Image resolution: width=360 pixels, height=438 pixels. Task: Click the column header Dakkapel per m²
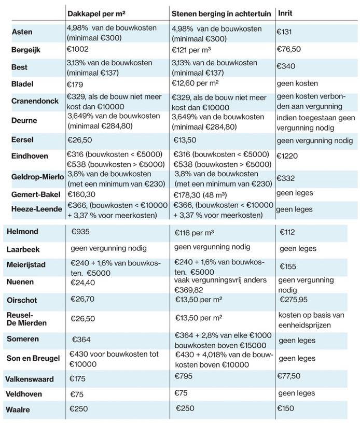[x=96, y=13]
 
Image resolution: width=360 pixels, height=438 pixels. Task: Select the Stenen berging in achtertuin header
[x=221, y=14]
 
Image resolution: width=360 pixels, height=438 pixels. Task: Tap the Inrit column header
[x=285, y=13]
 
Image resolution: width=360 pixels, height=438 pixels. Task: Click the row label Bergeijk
[x=26, y=50]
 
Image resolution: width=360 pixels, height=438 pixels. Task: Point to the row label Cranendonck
[x=35, y=101]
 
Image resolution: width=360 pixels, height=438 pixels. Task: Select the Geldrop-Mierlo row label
[x=37, y=177]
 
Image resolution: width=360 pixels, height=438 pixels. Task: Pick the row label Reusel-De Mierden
[x=26, y=319]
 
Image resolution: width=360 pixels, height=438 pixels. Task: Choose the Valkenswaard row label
[x=30, y=379]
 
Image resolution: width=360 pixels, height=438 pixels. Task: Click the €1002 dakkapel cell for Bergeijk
[x=77, y=49]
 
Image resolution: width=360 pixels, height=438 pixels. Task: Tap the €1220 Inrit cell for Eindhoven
[x=287, y=156]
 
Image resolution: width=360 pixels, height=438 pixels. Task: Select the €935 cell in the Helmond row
[x=80, y=232]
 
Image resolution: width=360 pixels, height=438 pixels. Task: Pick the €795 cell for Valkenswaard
[x=183, y=376]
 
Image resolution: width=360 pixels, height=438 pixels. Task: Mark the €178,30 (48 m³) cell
[x=200, y=195]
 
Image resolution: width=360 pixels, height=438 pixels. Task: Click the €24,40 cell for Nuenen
[x=82, y=282]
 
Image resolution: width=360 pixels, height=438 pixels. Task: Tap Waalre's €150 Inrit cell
[x=285, y=408]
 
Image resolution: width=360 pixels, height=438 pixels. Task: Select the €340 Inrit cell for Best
[x=286, y=66]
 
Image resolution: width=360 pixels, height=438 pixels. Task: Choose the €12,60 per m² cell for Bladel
[x=195, y=83]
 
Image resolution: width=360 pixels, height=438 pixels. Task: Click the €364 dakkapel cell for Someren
[x=81, y=340]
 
